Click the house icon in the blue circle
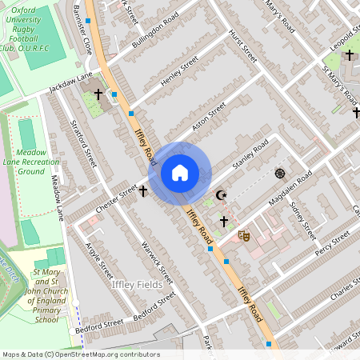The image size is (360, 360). point(180,173)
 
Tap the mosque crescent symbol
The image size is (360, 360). point(222,195)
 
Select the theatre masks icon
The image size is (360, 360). point(244,236)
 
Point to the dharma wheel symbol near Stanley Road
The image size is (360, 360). point(280,173)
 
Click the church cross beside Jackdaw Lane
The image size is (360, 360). point(98,94)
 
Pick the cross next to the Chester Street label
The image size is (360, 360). point(143,191)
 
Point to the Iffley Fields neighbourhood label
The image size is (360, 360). point(138,284)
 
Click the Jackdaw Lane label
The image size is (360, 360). point(70,83)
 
